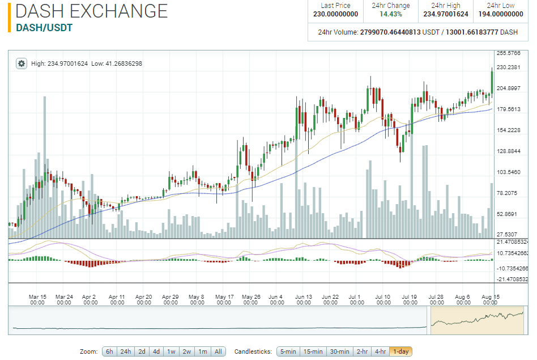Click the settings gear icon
[x=22, y=63]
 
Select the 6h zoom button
[x=109, y=351]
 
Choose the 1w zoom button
[x=171, y=351]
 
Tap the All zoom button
[x=218, y=351]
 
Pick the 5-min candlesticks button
[x=288, y=351]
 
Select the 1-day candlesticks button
[x=401, y=351]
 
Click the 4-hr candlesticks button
[x=380, y=351]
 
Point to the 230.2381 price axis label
[x=508, y=67]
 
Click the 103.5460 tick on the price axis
[x=508, y=172]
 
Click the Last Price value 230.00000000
[x=336, y=14]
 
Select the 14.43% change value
[x=390, y=14]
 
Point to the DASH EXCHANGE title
[x=91, y=11]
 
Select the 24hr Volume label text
[x=338, y=32]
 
